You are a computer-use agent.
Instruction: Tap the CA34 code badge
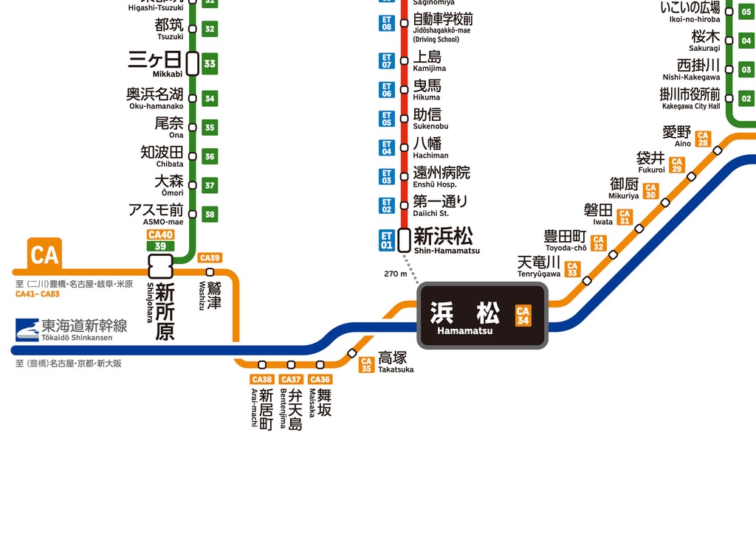pyautogui.click(x=523, y=316)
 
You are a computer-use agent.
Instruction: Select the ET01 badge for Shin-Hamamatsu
pyautogui.click(x=387, y=240)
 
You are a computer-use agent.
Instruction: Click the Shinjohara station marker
pyautogui.click(x=160, y=266)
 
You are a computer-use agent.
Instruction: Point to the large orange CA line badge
pyautogui.click(x=44, y=254)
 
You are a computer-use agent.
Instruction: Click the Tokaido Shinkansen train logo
pyautogui.click(x=27, y=329)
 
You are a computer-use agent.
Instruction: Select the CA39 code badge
pyautogui.click(x=210, y=258)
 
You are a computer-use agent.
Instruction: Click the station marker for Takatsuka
pyautogui.click(x=352, y=353)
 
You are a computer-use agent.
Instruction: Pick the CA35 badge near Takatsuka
pyautogui.click(x=366, y=365)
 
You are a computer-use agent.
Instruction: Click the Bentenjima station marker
pyautogui.click(x=291, y=365)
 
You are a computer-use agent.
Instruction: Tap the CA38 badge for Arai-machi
pyautogui.click(x=262, y=380)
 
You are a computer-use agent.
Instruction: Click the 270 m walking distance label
pyautogui.click(x=396, y=274)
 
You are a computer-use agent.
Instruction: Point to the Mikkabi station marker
pyautogui.click(x=192, y=63)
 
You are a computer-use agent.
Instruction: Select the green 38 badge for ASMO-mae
pyautogui.click(x=210, y=215)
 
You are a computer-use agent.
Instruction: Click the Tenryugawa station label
pyautogui.click(x=539, y=266)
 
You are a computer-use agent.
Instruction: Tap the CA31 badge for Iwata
pyautogui.click(x=625, y=217)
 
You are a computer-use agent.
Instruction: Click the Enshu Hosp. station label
pyautogui.click(x=441, y=177)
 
